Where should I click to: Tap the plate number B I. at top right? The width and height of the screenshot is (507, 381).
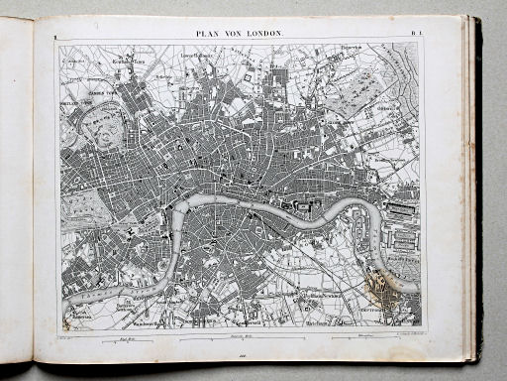[418, 34]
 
